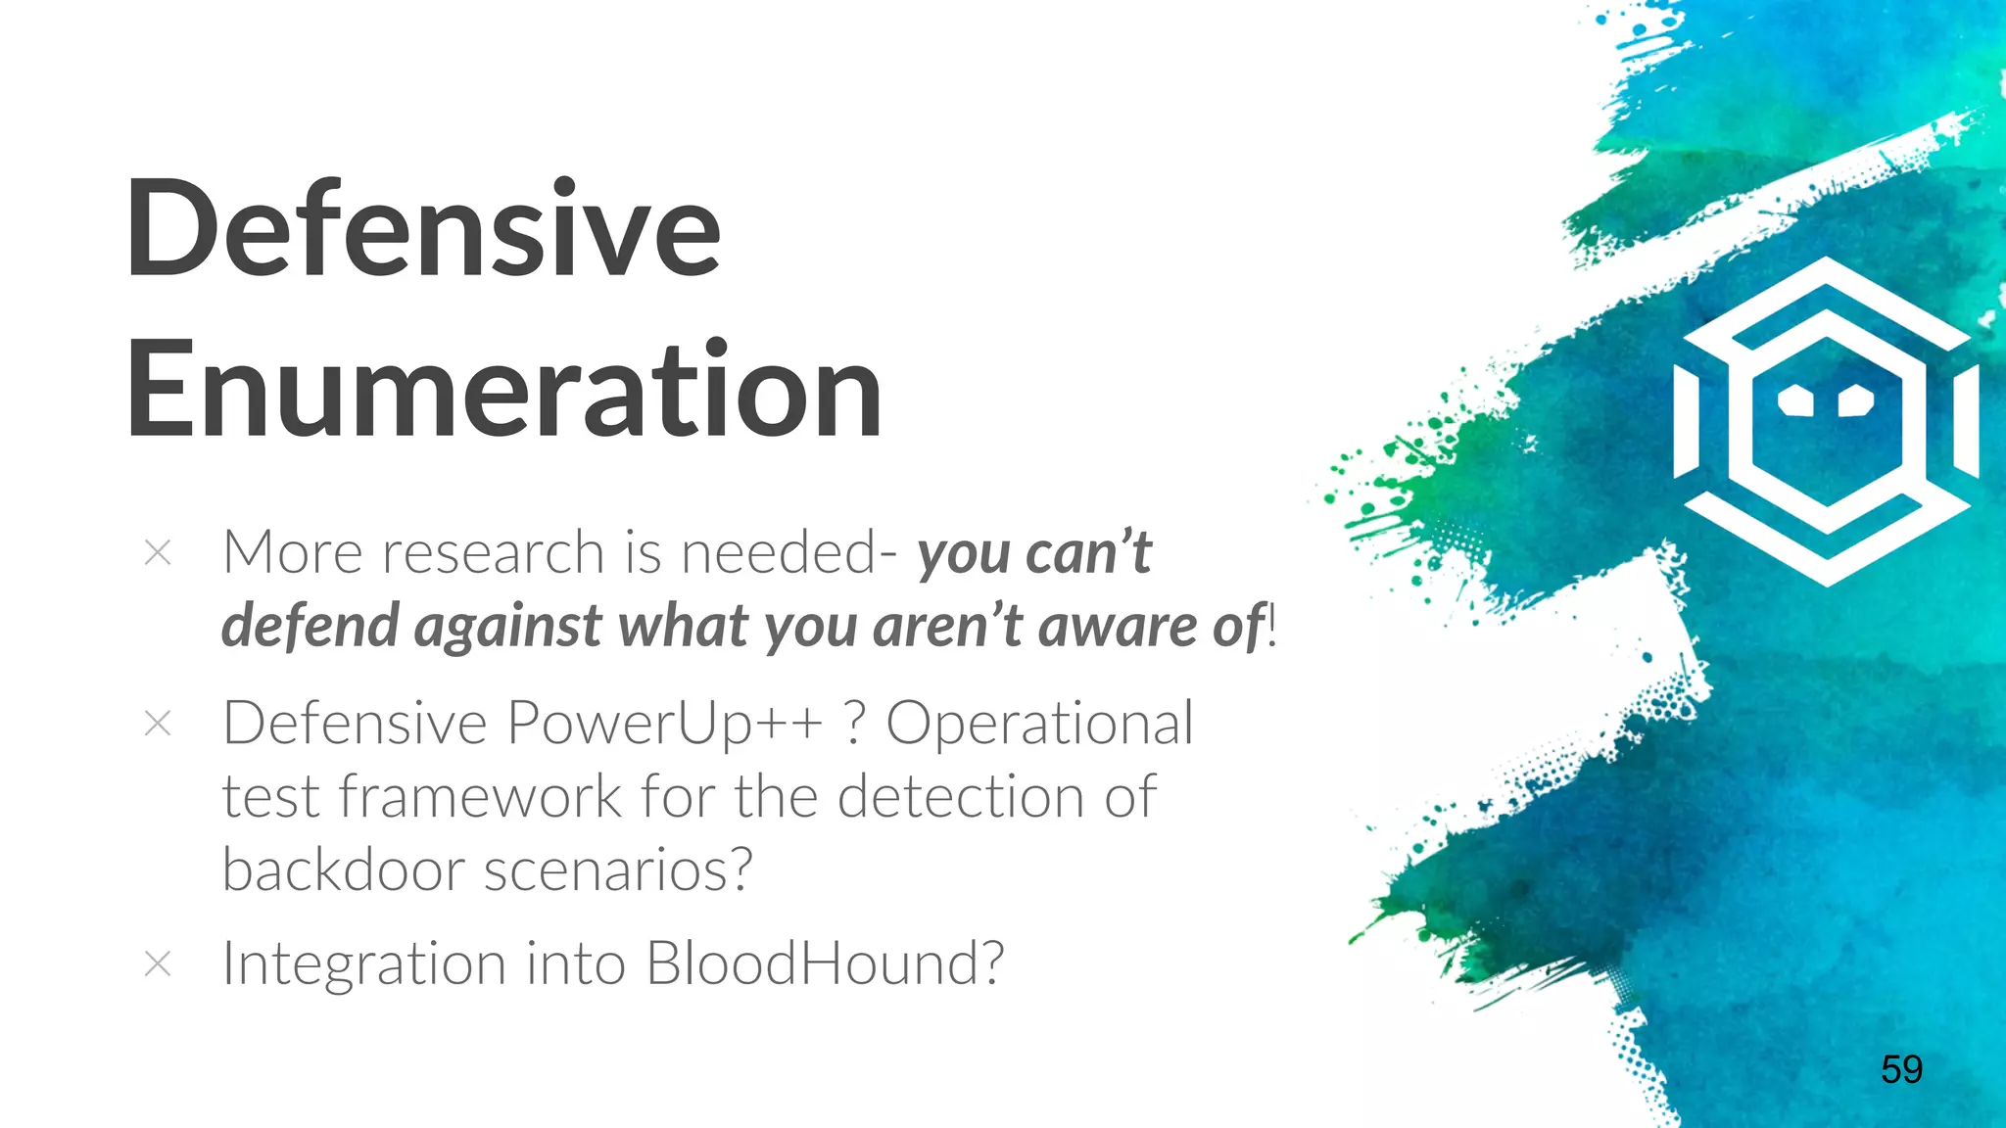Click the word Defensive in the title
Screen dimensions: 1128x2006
(423, 230)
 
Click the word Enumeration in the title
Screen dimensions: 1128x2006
(504, 390)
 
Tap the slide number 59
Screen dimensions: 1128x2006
(1901, 1069)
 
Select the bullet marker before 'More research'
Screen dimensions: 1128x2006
(158, 553)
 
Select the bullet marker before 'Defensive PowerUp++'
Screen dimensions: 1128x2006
(158, 724)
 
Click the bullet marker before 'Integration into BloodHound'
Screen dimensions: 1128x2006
(158, 964)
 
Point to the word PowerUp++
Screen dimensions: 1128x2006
(665, 724)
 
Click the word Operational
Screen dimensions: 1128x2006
(1039, 726)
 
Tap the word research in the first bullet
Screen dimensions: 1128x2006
(493, 552)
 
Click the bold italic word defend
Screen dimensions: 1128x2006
(310, 626)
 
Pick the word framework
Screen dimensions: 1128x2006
(480, 796)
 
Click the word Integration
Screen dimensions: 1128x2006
(363, 965)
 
